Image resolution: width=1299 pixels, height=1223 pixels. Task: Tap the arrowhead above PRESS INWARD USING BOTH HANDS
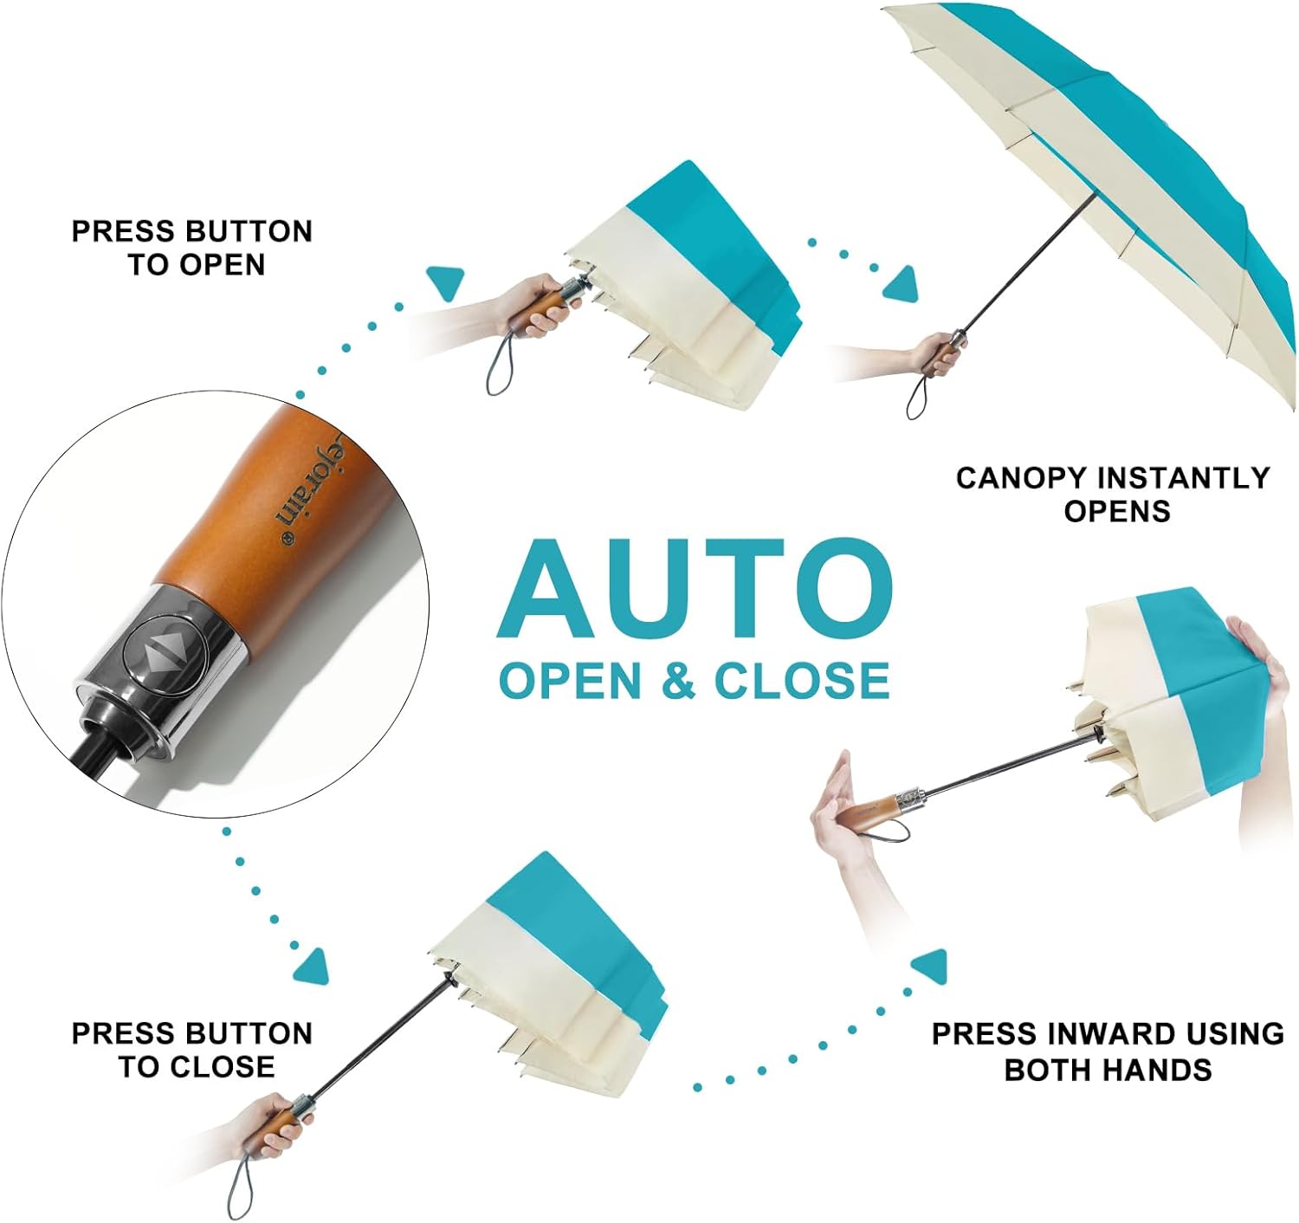(930, 966)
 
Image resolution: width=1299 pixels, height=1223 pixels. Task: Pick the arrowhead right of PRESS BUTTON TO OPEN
(446, 282)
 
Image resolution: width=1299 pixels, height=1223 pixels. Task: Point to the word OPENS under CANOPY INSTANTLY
(1117, 511)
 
